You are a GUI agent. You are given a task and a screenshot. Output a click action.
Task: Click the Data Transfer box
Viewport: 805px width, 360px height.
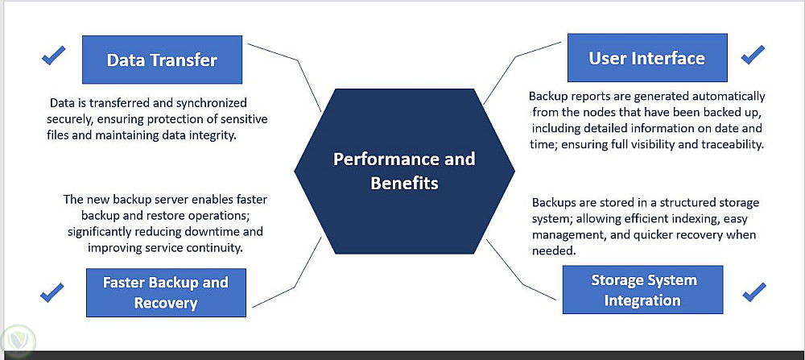162,60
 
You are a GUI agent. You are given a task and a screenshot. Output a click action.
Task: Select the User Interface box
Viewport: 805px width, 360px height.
646,58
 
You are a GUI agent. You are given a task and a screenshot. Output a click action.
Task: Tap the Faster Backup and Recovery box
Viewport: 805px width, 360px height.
165,292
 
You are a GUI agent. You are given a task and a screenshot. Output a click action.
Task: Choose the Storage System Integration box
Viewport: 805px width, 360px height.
643,290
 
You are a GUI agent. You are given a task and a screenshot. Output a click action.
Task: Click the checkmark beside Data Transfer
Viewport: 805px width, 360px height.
53,56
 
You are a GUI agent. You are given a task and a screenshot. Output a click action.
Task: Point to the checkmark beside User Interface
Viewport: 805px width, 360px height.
753,55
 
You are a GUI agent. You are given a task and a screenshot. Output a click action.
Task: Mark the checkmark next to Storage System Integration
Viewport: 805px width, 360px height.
753,291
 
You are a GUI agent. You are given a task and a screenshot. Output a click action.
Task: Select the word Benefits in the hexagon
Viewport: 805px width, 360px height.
404,183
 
